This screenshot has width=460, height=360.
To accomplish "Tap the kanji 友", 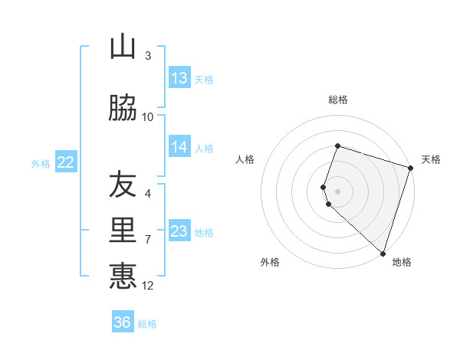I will [123, 185].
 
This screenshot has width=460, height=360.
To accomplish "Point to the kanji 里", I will [123, 230].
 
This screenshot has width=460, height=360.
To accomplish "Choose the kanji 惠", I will [123, 276].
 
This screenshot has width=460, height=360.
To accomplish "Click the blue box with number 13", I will [179, 78].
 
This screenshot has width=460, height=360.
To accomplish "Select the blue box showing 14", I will [179, 148].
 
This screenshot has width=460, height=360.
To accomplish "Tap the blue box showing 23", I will [179, 231].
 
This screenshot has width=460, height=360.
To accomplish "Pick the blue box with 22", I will [66, 162].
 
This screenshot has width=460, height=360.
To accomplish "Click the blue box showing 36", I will [123, 322].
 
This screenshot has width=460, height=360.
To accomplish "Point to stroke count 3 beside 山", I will [148, 55].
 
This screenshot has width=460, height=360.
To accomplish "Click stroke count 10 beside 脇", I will [148, 116].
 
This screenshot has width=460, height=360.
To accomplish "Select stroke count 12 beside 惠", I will [148, 286].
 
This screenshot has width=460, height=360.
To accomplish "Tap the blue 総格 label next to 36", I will [147, 324].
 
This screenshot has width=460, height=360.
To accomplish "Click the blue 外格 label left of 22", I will [41, 163].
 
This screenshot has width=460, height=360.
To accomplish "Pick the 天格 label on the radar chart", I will [431, 159].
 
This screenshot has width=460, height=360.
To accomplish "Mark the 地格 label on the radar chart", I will [402, 263].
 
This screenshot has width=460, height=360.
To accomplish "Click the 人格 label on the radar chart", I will [245, 159].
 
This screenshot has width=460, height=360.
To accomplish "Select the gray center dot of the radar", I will [338, 191].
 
